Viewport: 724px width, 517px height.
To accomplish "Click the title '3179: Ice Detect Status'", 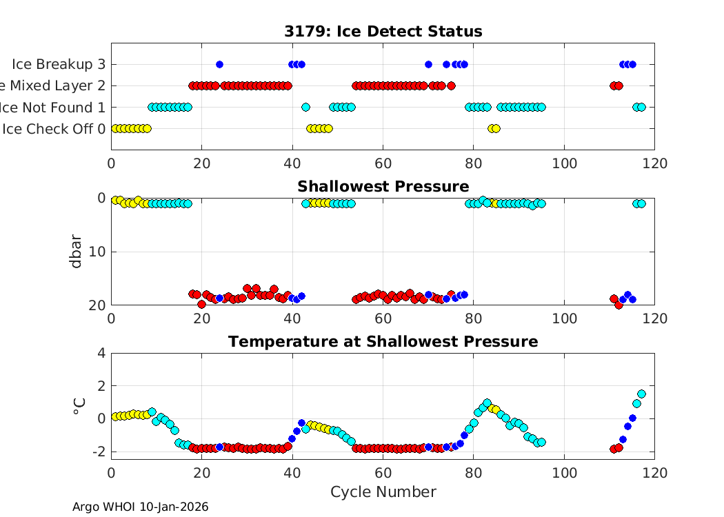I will (383, 32).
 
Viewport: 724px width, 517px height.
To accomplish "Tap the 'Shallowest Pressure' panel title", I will (383, 187).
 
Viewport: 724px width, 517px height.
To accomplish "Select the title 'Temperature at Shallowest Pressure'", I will (383, 342).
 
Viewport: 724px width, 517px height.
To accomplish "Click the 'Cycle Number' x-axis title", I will (383, 491).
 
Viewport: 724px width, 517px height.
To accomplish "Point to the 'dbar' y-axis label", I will (77, 252).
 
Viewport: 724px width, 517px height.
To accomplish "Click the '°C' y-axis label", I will (79, 406).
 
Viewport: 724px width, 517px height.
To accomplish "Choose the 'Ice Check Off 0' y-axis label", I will (54, 129).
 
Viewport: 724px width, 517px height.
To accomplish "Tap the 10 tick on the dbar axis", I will (97, 252).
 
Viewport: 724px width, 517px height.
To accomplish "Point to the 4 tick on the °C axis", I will (101, 353).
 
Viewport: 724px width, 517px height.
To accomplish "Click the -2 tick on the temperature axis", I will (99, 452).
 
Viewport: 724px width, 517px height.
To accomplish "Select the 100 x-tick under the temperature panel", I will (564, 472).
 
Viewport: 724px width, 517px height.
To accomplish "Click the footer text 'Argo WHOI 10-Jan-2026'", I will (140, 507).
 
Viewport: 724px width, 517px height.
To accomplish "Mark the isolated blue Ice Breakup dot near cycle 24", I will (219, 64).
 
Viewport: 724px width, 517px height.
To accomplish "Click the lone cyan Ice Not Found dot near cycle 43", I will (305, 107).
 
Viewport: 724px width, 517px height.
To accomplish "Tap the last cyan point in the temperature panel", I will (641, 394).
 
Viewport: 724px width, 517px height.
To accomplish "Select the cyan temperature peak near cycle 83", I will (487, 403).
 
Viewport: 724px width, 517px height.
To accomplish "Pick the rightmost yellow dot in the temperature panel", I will (496, 409).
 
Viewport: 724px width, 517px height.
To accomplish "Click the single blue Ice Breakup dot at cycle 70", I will (428, 64).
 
